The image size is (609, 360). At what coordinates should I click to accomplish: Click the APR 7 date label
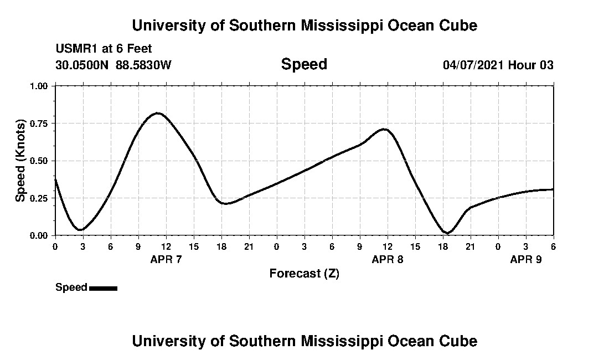pos(166,259)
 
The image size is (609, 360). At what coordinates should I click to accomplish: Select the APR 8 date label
pos(388,259)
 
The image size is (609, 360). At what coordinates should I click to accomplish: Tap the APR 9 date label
pos(525,259)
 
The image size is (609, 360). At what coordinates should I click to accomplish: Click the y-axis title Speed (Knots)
pos(20,161)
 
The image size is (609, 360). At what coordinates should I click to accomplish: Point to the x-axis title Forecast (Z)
pos(304,274)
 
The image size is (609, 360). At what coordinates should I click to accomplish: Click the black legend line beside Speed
pos(103,288)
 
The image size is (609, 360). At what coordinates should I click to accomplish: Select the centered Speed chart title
pos(304,64)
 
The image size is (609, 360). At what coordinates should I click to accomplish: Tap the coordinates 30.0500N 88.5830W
pos(113,65)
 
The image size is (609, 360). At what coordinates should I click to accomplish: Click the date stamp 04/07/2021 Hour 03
pos(498,65)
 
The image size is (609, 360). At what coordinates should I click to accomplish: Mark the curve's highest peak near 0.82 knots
pos(158,113)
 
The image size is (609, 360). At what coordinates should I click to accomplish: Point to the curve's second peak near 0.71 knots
pos(384,129)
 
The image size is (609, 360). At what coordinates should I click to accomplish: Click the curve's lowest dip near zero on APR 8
pos(447,233)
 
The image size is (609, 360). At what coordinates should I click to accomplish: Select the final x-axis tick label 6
pos(553,246)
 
